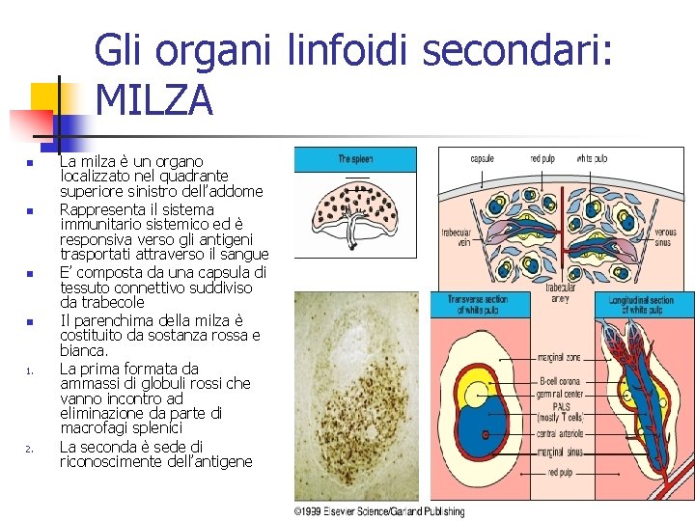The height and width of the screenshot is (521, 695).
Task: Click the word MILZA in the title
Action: (154, 100)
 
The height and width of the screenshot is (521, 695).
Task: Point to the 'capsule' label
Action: (483, 158)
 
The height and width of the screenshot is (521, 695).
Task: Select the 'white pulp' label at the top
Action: (592, 158)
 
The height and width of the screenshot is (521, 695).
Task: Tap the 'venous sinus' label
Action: (665, 238)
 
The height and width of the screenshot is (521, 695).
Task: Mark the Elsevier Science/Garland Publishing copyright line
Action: (379, 511)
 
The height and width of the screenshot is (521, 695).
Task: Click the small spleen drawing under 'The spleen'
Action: (354, 217)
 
